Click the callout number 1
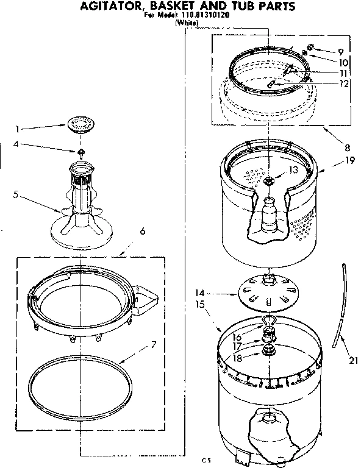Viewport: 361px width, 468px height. (x=19, y=129)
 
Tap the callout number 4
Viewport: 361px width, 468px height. (x=19, y=144)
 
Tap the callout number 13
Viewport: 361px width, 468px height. (x=295, y=169)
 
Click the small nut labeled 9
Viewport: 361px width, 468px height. (x=310, y=47)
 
